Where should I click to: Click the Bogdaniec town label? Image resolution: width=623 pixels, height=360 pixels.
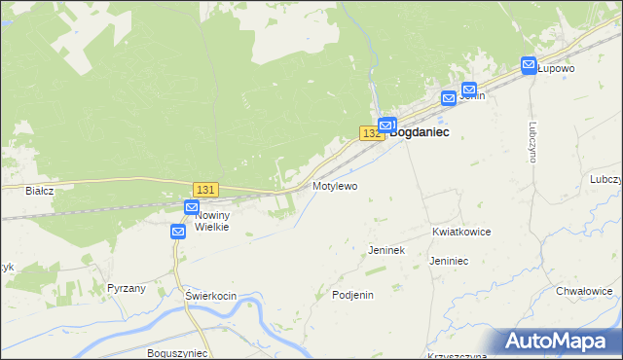click(x=421, y=132)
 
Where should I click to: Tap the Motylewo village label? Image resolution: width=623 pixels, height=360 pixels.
click(x=335, y=185)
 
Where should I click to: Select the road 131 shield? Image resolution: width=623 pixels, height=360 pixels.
click(x=205, y=190)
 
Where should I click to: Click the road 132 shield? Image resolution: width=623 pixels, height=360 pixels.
click(x=371, y=132)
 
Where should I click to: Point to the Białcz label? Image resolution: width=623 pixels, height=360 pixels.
click(x=40, y=191)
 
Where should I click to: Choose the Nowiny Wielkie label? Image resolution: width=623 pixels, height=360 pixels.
click(x=211, y=221)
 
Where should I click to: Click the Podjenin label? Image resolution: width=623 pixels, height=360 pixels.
click(x=353, y=295)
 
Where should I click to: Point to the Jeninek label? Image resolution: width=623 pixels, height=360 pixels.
click(x=386, y=250)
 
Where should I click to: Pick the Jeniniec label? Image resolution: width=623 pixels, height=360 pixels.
click(x=450, y=261)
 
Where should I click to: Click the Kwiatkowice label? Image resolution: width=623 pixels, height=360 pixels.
click(x=461, y=233)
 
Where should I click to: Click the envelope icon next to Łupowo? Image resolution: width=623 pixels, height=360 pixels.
click(x=529, y=66)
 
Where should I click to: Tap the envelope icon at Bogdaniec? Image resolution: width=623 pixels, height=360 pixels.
click(x=386, y=126)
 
